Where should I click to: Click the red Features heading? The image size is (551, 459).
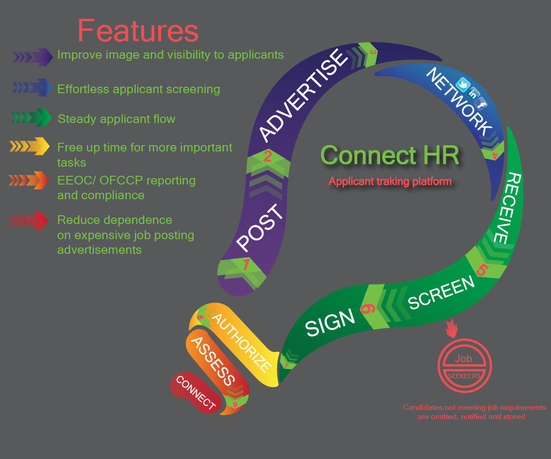138,31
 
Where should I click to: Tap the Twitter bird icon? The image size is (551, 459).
462,85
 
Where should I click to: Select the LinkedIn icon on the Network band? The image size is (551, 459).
472,95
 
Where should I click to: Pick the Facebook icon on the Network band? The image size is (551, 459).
481,104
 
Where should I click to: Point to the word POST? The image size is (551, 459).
259,228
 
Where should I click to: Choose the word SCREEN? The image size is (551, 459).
442,293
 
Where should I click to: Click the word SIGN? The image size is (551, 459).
330,322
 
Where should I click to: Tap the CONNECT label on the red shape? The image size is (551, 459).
196,393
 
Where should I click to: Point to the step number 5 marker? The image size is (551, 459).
481,270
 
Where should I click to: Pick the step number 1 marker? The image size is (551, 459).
246,265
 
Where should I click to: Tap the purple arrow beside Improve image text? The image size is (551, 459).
33,57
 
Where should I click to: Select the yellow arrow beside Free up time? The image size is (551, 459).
29,146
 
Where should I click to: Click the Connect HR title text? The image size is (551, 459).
390,155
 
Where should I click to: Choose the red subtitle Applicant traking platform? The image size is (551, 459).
390,182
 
